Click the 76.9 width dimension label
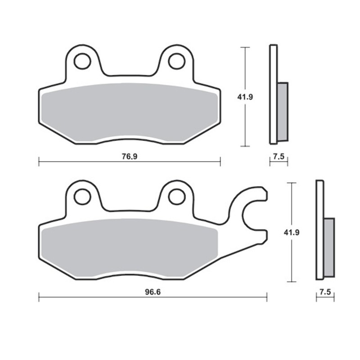coord(129,157)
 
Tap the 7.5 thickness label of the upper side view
coord(279,157)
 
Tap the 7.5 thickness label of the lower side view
coord(325,292)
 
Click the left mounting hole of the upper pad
coord(82,62)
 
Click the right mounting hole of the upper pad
coord(176,62)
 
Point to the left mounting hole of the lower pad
coord(82,196)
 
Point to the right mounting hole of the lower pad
coord(176,196)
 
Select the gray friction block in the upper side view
coord(282,111)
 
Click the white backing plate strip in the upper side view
coord(273,94)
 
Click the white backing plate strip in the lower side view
coord(320,229)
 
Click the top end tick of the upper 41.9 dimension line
coord(245,47)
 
